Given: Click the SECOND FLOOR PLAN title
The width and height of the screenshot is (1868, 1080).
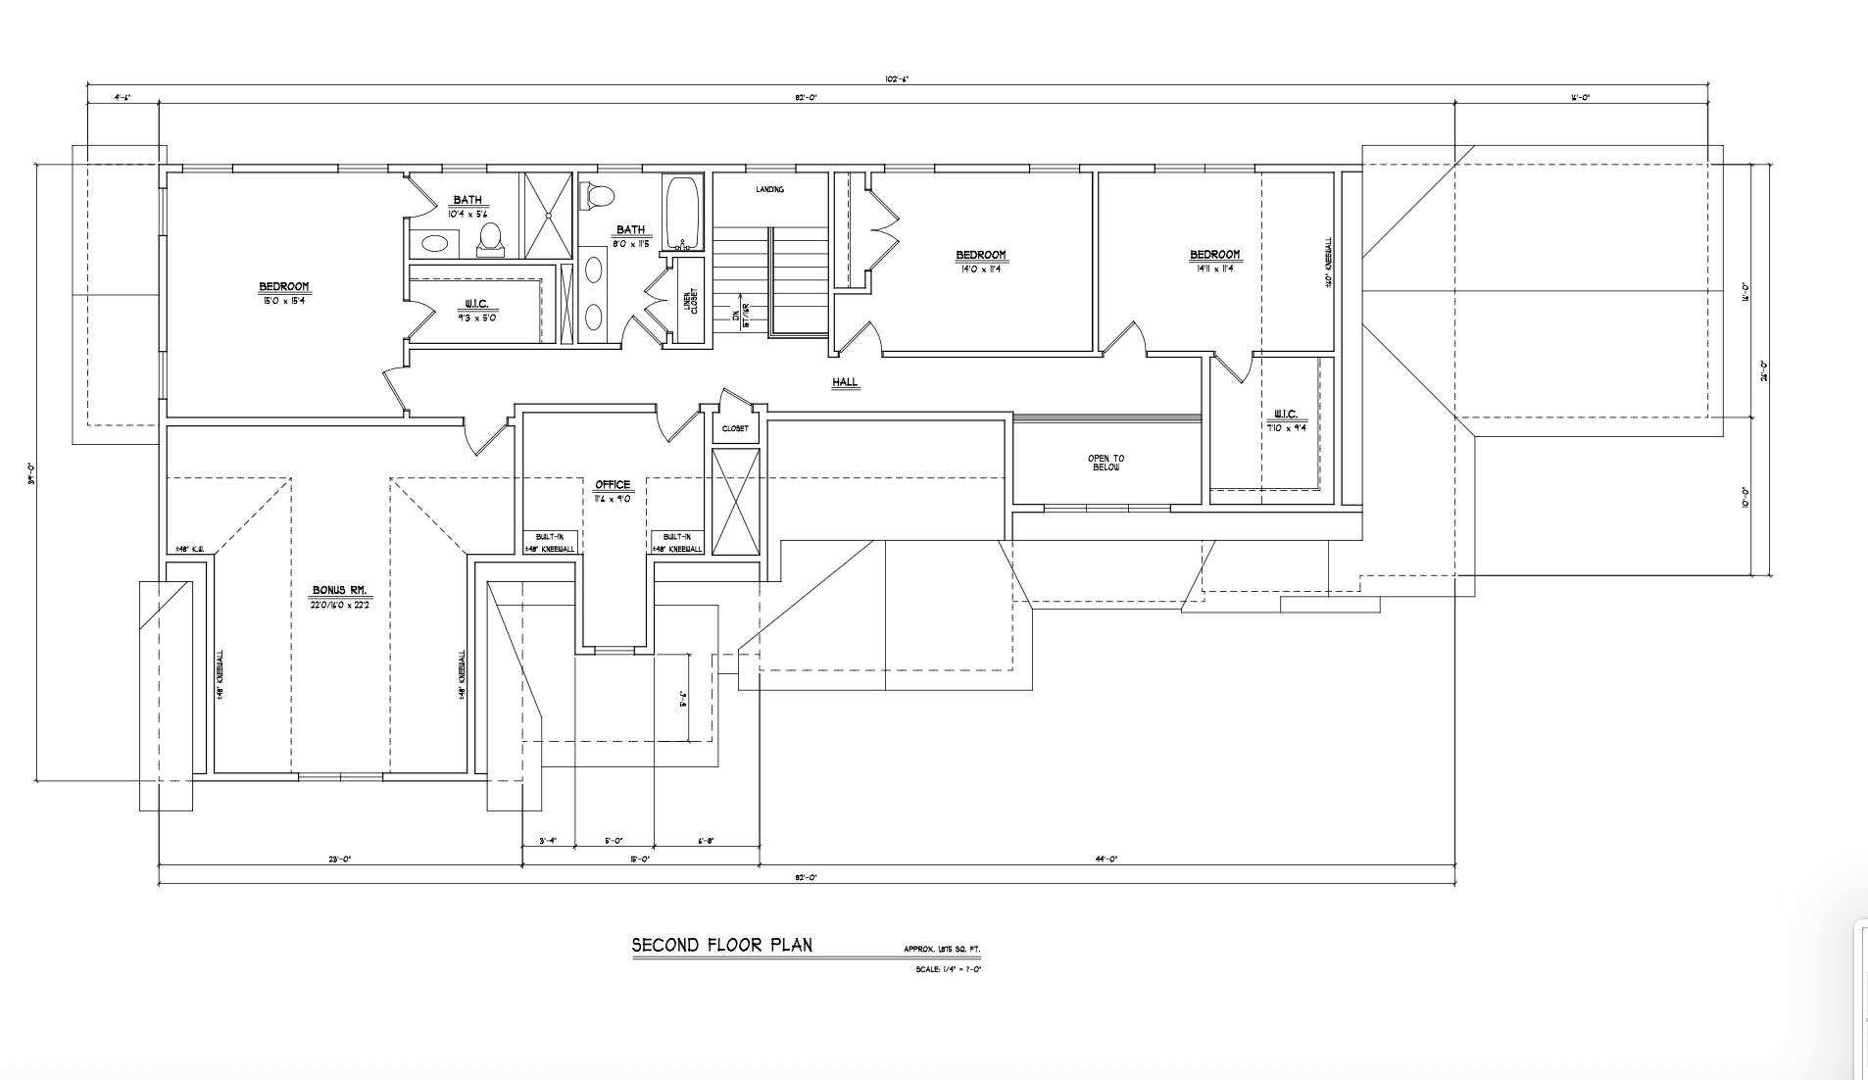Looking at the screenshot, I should [x=721, y=946].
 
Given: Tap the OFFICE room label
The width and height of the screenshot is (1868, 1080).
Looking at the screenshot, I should [x=613, y=485].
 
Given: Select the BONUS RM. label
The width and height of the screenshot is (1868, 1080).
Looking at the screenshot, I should [x=339, y=590].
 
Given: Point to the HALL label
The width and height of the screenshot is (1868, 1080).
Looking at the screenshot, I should [x=845, y=382].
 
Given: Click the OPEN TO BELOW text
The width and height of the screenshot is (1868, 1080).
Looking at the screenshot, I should [x=1106, y=463].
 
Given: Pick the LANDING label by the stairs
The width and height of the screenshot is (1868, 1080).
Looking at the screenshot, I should [x=769, y=189].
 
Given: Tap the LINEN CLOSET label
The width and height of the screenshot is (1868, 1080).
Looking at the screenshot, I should [x=690, y=301].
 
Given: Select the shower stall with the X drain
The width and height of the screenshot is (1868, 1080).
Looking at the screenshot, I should [x=548, y=216].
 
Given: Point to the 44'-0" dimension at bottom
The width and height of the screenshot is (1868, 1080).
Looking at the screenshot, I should [x=1106, y=859].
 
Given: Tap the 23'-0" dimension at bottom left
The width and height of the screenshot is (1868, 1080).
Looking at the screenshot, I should [x=339, y=859].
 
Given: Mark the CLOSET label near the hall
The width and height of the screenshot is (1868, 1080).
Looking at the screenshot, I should [x=734, y=428].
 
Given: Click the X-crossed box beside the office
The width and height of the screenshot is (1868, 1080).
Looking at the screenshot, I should [x=735, y=502].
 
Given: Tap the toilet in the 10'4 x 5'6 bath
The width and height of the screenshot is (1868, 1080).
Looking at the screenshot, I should [x=490, y=237].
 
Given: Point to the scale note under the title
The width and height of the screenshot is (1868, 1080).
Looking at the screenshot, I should [x=948, y=969].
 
